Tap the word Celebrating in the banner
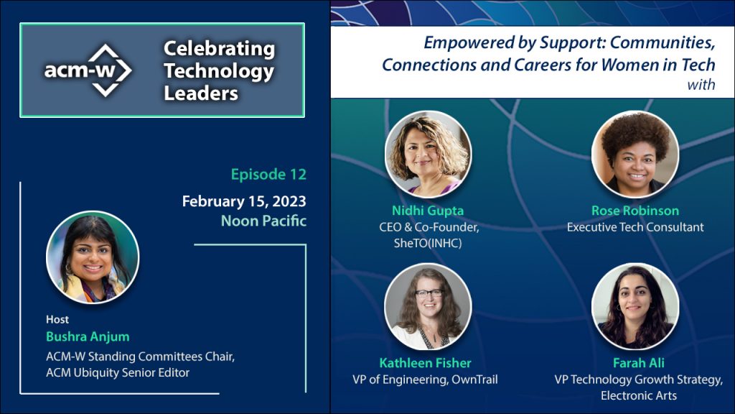tap(219, 49)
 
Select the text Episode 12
tap(268, 174)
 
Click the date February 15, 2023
tap(244, 201)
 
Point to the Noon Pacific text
tap(263, 221)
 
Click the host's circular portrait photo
tap(93, 257)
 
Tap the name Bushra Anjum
tap(88, 336)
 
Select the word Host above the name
tap(57, 320)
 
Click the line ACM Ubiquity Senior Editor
tap(118, 373)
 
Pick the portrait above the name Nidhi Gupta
tap(428, 154)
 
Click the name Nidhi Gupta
tap(428, 211)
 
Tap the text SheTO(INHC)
tap(428, 243)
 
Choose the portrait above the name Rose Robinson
tap(635, 154)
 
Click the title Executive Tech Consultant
tap(635, 227)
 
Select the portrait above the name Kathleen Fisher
tap(428, 306)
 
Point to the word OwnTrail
tap(474, 379)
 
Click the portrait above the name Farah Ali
tap(635, 306)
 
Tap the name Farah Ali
tap(638, 363)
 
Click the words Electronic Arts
tap(638, 396)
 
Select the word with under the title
tap(701, 85)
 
